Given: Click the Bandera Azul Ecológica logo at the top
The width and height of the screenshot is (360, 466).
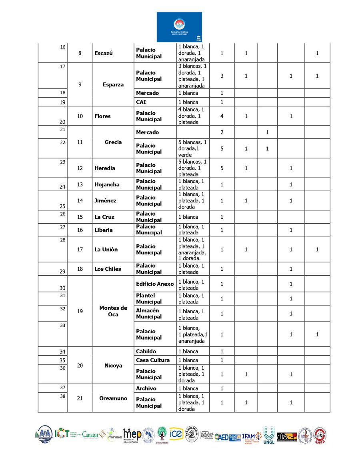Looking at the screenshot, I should point(179,27).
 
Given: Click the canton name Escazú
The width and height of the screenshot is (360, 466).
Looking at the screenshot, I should point(104,53).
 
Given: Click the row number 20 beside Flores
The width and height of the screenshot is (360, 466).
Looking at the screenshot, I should point(62,122).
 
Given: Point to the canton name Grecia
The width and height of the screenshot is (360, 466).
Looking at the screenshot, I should point(113,142).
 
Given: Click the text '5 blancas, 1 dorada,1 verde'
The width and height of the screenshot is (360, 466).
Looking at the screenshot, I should point(192,148).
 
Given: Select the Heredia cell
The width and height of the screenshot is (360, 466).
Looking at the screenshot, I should point(105,168).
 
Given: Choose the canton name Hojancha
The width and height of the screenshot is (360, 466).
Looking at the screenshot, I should point(107,184).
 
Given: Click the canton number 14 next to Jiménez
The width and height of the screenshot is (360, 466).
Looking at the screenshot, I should point(80,201).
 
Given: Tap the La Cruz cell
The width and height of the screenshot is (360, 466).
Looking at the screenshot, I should point(104,217).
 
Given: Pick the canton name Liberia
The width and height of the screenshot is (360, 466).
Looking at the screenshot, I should point(104,230).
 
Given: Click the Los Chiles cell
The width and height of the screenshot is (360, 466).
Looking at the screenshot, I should point(108,269).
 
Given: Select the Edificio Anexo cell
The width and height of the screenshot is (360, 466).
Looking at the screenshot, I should point(155,284).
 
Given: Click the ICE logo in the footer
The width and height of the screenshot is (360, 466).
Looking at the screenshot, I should point(176,434).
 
